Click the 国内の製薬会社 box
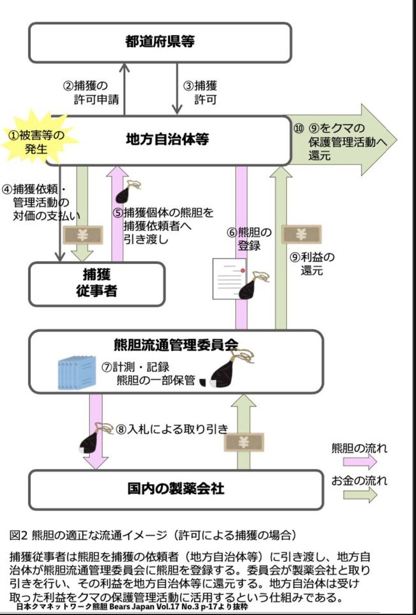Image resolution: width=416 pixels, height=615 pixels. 176,488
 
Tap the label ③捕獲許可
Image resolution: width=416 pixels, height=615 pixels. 200,92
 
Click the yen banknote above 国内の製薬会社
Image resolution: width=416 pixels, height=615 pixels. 244,442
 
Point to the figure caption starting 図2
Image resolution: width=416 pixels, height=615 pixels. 153,535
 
